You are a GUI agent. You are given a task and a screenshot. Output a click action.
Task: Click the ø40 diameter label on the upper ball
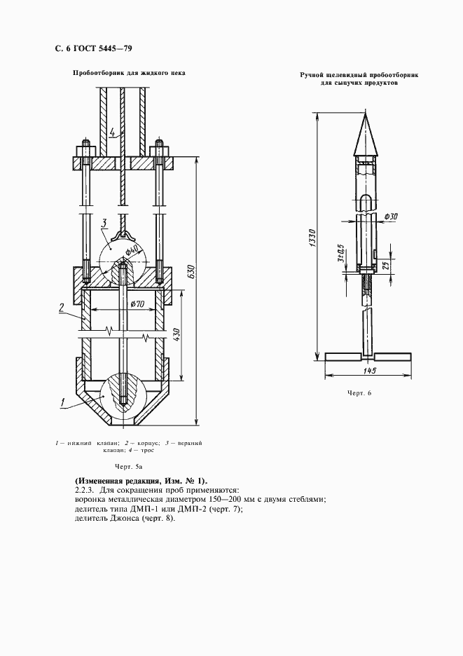point(133,251)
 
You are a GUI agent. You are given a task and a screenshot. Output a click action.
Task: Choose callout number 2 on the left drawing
point(62,306)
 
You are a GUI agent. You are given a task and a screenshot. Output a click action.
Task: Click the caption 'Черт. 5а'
point(130,466)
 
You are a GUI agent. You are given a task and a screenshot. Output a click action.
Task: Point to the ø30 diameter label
point(391,217)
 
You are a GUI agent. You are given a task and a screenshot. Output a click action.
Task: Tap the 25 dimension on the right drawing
point(384,265)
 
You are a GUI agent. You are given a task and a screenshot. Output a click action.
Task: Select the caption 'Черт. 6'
point(359,392)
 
